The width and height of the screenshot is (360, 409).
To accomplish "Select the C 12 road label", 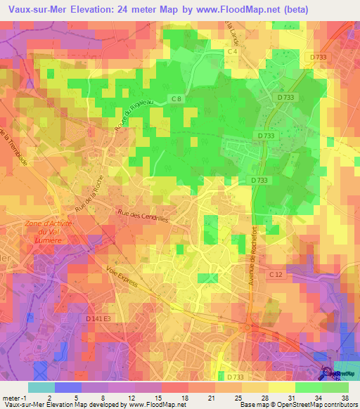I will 274,273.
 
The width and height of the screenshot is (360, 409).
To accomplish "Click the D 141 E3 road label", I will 98,319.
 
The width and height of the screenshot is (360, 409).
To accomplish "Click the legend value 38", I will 345,397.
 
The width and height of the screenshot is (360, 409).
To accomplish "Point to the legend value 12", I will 131,397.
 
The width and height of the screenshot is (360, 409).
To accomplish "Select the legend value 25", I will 238,397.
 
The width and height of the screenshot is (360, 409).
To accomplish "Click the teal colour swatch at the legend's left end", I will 41,387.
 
